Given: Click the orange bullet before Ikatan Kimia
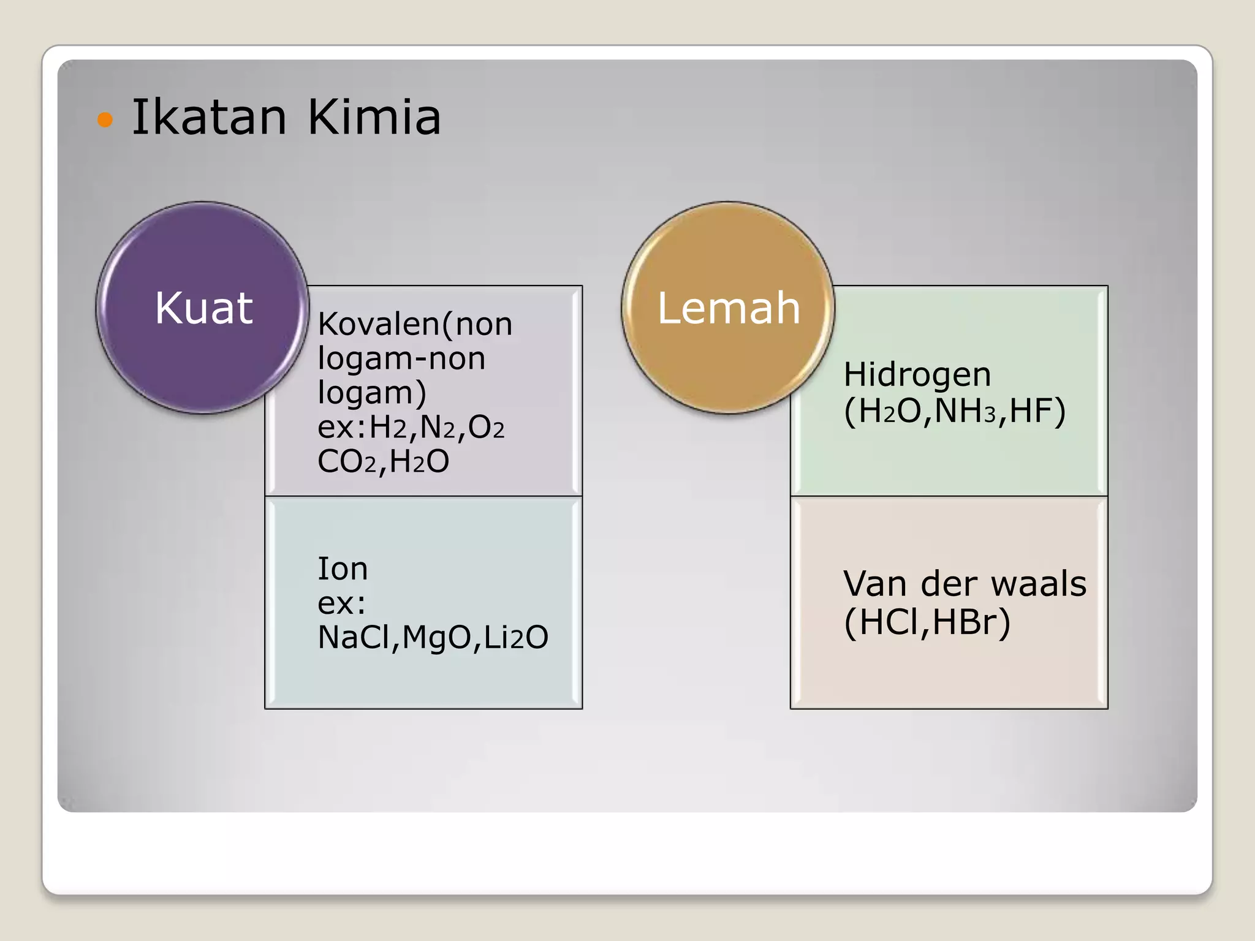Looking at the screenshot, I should pos(105,119).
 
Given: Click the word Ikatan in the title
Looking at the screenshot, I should pos(209,117).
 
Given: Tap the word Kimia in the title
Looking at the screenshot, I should pos(373,117).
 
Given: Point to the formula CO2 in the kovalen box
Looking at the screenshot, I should pos(346,461).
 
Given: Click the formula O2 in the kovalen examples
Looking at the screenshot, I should pos(486,427).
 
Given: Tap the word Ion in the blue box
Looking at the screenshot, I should pos(342,569).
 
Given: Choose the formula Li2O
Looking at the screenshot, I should pos(516,637).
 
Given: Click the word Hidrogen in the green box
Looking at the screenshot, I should pos(917,375).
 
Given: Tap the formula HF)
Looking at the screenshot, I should pos(1037,411).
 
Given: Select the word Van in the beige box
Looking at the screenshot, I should pos(874,583).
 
